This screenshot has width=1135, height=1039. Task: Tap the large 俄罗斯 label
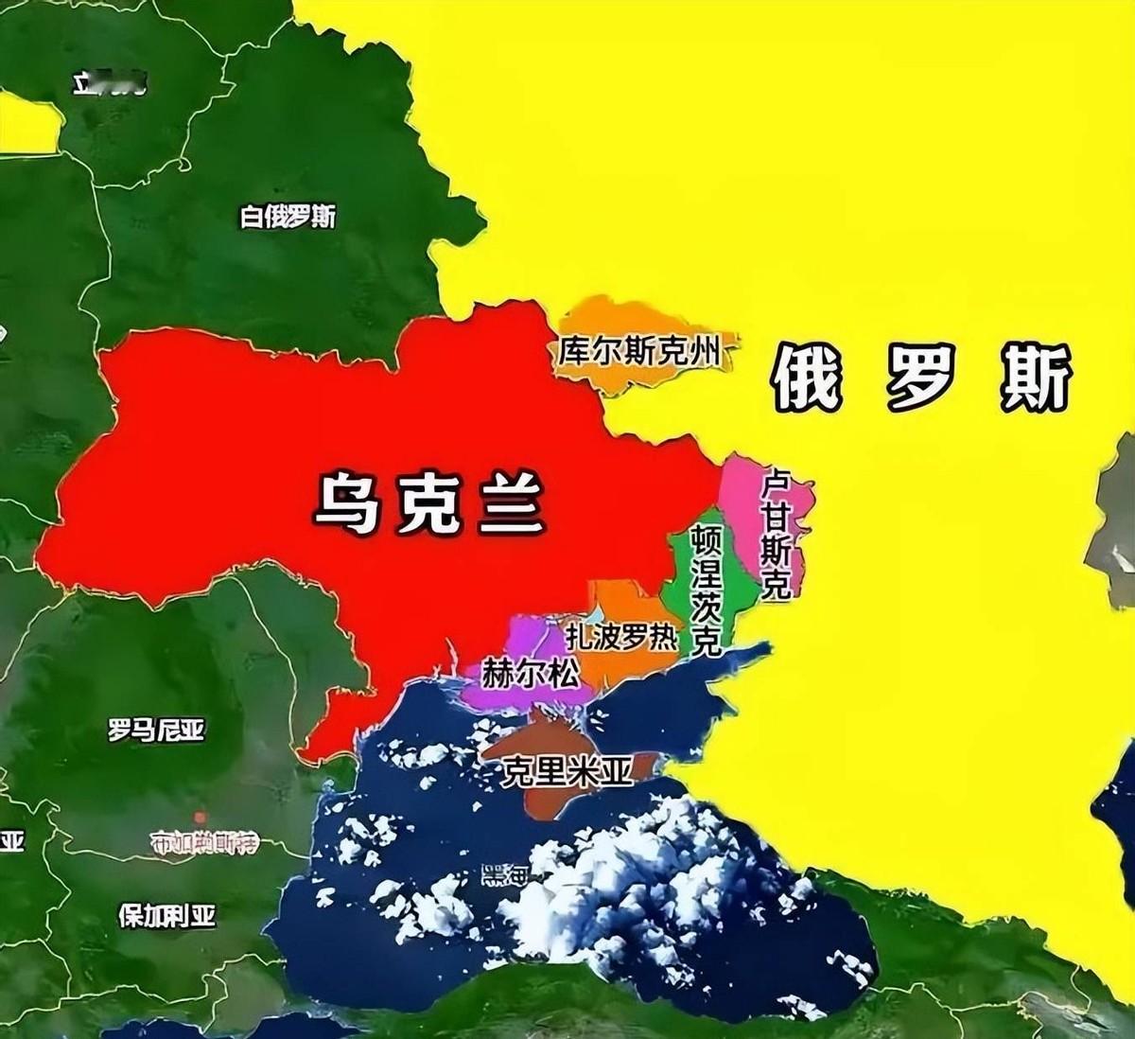(x=922, y=378)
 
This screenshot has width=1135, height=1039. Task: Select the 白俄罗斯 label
(x=288, y=217)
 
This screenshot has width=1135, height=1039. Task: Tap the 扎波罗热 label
(x=621, y=636)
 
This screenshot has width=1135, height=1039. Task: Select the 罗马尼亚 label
(x=156, y=730)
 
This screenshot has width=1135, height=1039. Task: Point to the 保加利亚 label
(x=166, y=916)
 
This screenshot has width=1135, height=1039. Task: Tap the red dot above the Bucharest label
(x=200, y=817)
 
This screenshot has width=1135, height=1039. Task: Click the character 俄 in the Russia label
(x=807, y=378)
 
